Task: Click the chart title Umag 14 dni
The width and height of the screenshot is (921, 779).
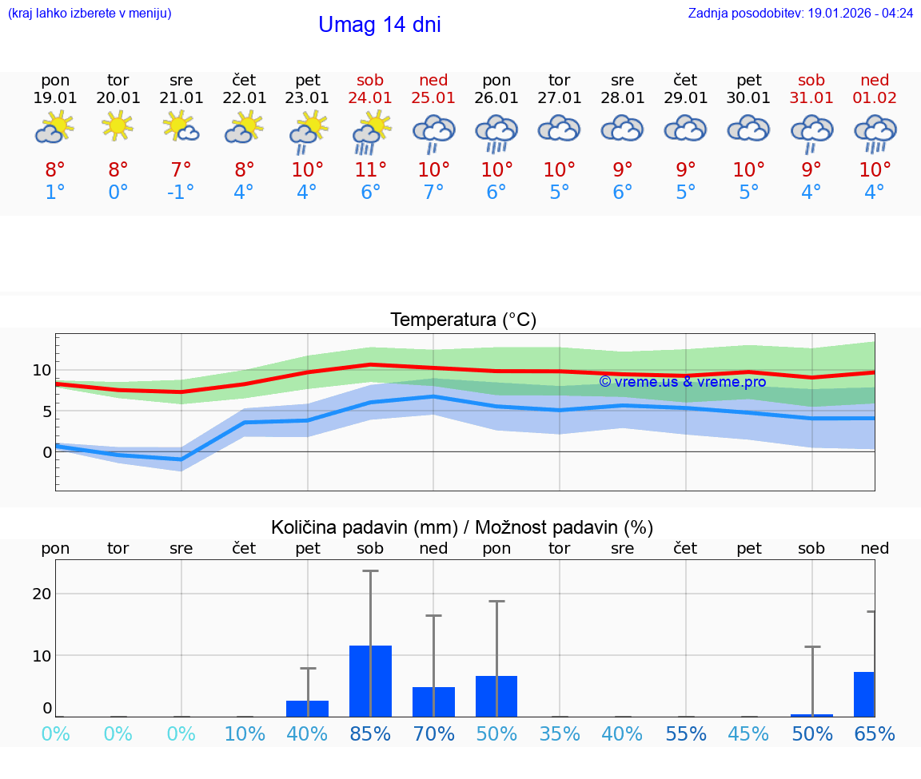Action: point(379,25)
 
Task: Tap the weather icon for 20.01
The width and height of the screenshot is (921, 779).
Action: point(118,125)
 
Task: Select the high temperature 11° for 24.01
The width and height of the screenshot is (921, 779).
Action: point(370,169)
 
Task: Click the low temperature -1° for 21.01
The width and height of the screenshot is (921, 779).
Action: point(181,192)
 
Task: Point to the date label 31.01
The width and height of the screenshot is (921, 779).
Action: point(811,97)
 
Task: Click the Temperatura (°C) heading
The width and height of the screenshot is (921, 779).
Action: point(463,320)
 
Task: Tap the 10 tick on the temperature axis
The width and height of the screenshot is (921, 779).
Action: point(42,370)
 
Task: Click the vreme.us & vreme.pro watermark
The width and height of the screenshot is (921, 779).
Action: point(682,381)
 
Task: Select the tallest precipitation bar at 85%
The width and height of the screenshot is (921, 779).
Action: point(370,681)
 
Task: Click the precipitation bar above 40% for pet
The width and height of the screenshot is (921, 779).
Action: point(307,709)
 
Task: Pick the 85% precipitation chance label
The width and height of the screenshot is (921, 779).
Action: point(370,733)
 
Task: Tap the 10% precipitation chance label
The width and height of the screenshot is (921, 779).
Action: point(245,733)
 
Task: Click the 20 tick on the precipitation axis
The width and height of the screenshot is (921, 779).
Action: point(42,594)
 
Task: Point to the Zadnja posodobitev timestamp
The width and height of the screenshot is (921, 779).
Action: point(800,14)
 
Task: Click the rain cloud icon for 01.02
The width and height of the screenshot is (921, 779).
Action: point(875,133)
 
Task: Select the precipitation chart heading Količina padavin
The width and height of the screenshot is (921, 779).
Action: point(462,527)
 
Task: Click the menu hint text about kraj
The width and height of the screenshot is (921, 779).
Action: point(89,14)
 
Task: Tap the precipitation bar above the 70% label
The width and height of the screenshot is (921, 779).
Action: point(433,701)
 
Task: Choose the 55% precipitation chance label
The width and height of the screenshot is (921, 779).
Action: point(686,733)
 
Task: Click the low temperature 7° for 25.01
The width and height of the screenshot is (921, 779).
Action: point(433,192)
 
